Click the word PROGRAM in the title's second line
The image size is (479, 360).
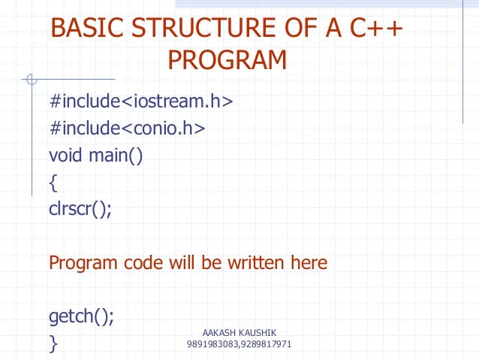click(227, 60)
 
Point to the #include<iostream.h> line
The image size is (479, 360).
click(141, 101)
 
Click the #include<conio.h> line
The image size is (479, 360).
click(127, 129)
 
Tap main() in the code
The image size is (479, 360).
click(116, 156)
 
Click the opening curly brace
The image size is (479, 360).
click(53, 183)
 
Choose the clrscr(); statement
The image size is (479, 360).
click(80, 210)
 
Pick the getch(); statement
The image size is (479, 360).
click(82, 316)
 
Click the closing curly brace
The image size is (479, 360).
click(53, 344)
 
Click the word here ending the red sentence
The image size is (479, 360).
click(308, 263)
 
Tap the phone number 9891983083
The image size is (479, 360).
click(212, 344)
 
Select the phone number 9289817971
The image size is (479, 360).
click(267, 344)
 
